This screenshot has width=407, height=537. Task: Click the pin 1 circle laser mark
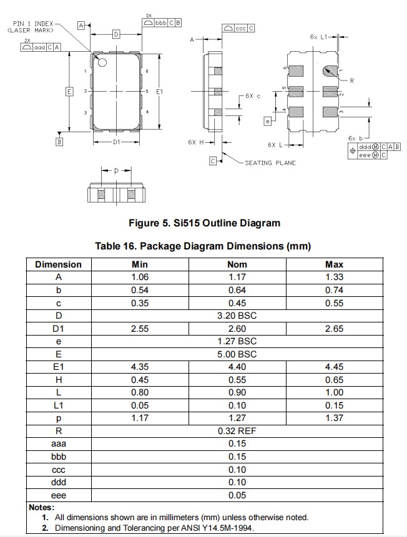click(102, 62)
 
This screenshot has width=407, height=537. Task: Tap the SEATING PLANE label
click(270, 163)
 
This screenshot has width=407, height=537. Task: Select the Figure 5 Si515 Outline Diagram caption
click(204, 223)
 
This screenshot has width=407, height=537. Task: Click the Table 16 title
click(203, 246)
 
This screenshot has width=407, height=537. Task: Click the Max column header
click(335, 264)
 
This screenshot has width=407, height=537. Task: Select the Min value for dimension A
click(139, 277)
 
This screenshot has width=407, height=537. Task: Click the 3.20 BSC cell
click(237, 316)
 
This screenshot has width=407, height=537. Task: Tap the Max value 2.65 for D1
click(335, 328)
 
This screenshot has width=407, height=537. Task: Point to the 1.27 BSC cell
click(237, 341)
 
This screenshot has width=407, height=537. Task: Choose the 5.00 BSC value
click(237, 354)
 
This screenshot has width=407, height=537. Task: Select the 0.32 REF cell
click(237, 431)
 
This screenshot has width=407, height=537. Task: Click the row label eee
click(58, 495)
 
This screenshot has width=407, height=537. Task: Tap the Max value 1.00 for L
click(335, 392)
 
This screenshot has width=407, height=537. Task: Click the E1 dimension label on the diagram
click(159, 92)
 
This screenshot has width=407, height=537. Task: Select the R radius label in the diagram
click(352, 80)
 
